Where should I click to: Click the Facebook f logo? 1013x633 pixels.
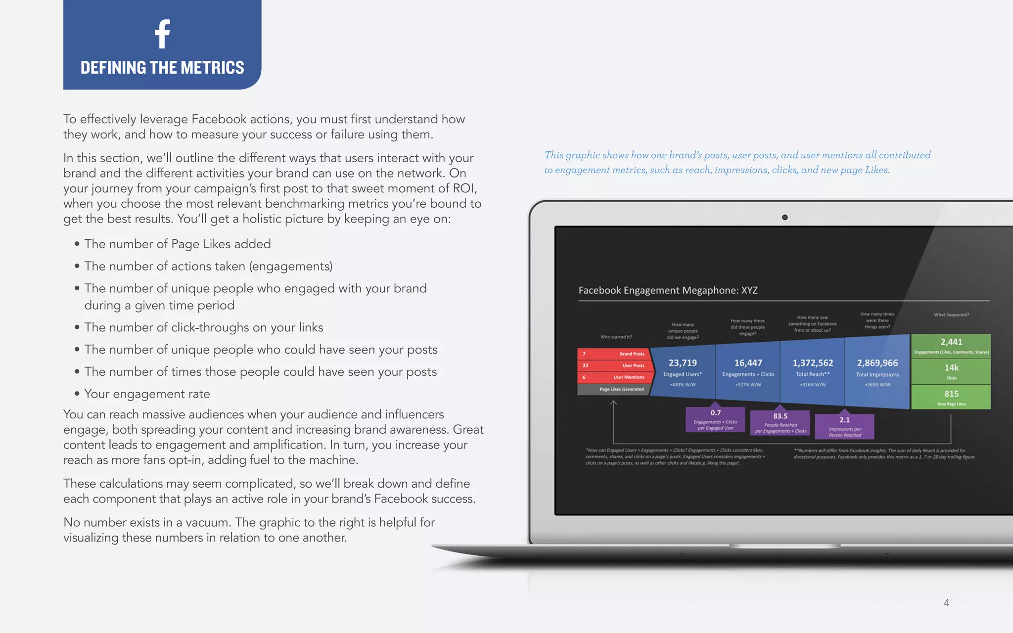pyautogui.click(x=162, y=34)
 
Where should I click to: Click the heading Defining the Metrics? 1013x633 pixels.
pyautogui.click(x=162, y=67)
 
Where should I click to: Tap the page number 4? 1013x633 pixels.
pyautogui.click(x=946, y=602)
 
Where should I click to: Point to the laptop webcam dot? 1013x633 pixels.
pyautogui.click(x=784, y=218)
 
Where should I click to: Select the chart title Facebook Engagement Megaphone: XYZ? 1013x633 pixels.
pyautogui.click(x=668, y=290)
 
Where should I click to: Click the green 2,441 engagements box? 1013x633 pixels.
pyautogui.click(x=951, y=345)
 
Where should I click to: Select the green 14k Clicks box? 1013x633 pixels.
pyautogui.click(x=951, y=371)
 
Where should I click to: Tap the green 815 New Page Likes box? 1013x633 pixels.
pyautogui.click(x=951, y=397)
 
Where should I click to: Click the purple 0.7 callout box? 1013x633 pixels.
pyautogui.click(x=715, y=419)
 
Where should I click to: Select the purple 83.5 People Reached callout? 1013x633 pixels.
pyautogui.click(x=780, y=423)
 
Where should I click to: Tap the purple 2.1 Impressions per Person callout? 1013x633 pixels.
pyautogui.click(x=844, y=426)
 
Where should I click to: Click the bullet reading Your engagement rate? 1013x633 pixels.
pyautogui.click(x=147, y=394)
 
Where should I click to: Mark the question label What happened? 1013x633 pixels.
pyautogui.click(x=951, y=315)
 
